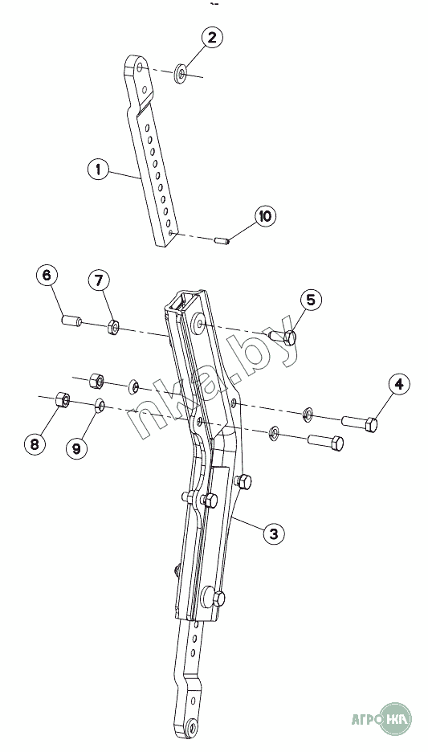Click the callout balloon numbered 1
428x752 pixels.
pyautogui.click(x=99, y=170)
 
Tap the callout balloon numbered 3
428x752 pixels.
pyautogui.click(x=273, y=533)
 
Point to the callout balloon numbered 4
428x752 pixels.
pyautogui.click(x=399, y=385)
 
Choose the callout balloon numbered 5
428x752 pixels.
pyautogui.click(x=311, y=300)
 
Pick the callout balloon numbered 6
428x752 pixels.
pyautogui.click(x=47, y=276)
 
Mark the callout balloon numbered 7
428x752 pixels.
pyautogui.click(x=99, y=280)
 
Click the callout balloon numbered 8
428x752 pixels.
pyautogui.click(x=35, y=444)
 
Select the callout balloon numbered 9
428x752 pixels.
pyautogui.click(x=77, y=448)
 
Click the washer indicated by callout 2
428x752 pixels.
pyautogui.click(x=181, y=73)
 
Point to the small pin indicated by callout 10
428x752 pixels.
pyautogui.click(x=222, y=239)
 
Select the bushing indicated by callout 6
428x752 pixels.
pyautogui.click(x=71, y=320)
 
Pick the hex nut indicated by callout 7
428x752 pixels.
pyautogui.click(x=113, y=327)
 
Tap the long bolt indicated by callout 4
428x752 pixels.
pyautogui.click(x=359, y=423)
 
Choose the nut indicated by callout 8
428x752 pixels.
pyautogui.click(x=63, y=399)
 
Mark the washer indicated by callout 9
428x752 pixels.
pyautogui.click(x=100, y=407)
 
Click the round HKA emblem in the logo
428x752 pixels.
pyautogui.click(x=395, y=719)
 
